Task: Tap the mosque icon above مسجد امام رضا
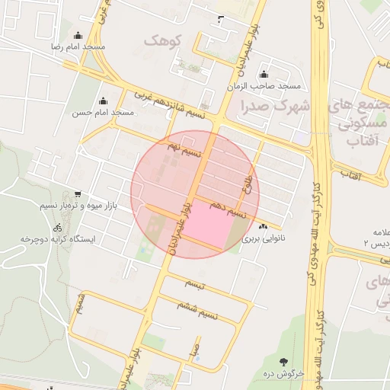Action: pos(78,35)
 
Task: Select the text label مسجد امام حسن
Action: pos(103,113)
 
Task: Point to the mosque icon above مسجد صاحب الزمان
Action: pos(264,75)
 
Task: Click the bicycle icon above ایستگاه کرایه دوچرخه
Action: pos(58,228)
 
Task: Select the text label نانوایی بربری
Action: pos(264,238)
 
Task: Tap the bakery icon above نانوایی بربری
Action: pos(264,226)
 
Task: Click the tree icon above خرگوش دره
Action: pos(284,362)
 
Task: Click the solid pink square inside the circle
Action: pos(206,227)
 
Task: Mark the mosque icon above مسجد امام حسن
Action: pos(103,101)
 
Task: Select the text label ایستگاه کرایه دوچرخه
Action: pos(57,240)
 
